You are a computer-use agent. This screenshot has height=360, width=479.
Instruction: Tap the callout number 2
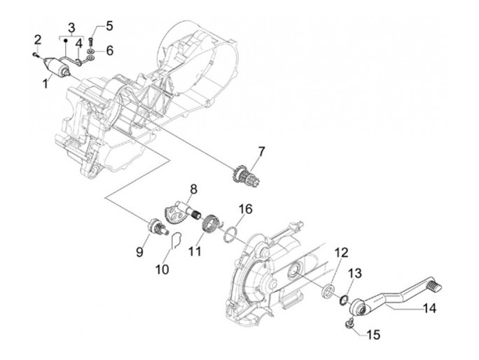coord(39,39)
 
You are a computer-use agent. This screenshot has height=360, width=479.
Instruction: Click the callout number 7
coord(261,152)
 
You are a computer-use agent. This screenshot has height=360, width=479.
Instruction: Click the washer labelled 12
coord(327,290)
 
